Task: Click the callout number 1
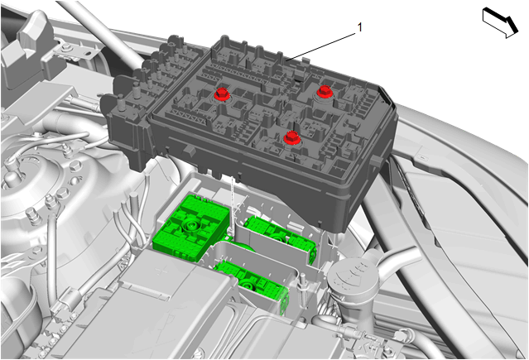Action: [x=359, y=27]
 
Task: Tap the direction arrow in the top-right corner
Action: [x=500, y=23]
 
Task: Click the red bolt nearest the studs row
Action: [x=222, y=94]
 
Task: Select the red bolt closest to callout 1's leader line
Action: [x=325, y=91]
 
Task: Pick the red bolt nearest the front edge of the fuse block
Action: [x=291, y=137]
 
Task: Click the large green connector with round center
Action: [x=191, y=228]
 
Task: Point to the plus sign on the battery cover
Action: [x=162, y=271]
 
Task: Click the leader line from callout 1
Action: [x=320, y=46]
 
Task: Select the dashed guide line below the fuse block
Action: [x=232, y=204]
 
